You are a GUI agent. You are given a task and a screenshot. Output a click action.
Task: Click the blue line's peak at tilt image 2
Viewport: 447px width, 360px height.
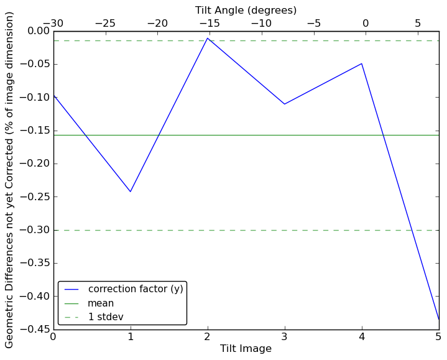click(x=208, y=38)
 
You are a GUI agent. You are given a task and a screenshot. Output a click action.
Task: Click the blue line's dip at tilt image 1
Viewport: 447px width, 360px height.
click(x=131, y=192)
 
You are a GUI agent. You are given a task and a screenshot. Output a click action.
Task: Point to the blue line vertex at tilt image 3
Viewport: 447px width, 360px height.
click(x=285, y=104)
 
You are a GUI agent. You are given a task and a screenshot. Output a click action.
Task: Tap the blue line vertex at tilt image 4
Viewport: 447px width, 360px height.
click(x=362, y=63)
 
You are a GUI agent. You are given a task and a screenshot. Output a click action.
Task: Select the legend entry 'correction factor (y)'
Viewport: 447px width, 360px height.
click(x=135, y=290)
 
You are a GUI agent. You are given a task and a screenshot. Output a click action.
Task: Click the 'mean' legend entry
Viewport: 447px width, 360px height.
click(x=101, y=303)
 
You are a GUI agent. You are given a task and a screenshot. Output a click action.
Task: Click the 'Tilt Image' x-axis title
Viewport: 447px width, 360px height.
click(x=246, y=349)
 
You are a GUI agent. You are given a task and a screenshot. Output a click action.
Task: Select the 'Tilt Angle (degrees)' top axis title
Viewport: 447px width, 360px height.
click(x=246, y=10)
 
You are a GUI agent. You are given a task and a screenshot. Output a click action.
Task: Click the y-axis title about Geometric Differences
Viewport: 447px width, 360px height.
click(x=10, y=180)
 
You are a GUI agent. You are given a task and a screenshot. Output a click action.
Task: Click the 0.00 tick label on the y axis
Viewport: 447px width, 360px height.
click(x=37, y=31)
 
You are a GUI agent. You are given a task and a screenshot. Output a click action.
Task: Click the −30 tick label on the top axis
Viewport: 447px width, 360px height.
click(x=53, y=23)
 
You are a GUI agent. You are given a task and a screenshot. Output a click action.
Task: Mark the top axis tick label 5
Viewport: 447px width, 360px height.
click(x=417, y=23)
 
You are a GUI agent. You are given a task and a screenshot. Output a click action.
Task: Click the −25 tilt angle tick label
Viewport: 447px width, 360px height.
click(x=105, y=23)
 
